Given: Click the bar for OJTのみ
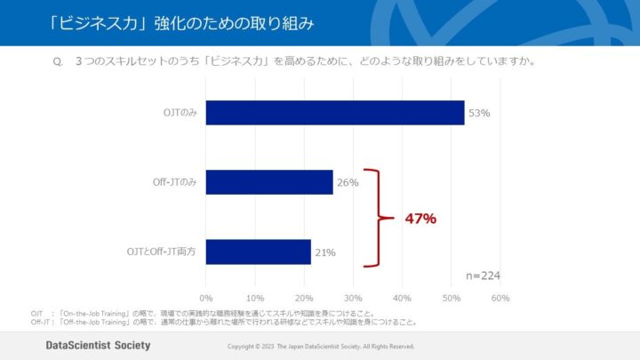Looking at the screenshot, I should point(335,113).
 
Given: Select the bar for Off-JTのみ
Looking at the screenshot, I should point(269,182).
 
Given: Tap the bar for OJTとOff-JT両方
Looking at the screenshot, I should point(258,252).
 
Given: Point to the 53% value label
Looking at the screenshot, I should point(479,114).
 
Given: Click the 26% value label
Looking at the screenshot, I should point(348,183).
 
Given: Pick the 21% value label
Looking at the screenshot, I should point(324,252).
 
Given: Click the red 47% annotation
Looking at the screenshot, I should point(421,218).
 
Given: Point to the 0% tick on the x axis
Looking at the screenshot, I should point(206,298).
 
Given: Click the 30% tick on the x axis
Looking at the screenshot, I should point(353,298).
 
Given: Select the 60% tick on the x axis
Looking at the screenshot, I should point(500,298).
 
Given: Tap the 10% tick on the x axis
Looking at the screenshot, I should point(255,298).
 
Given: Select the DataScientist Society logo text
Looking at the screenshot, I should point(98,345).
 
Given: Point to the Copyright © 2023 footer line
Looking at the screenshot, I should point(321,346).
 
